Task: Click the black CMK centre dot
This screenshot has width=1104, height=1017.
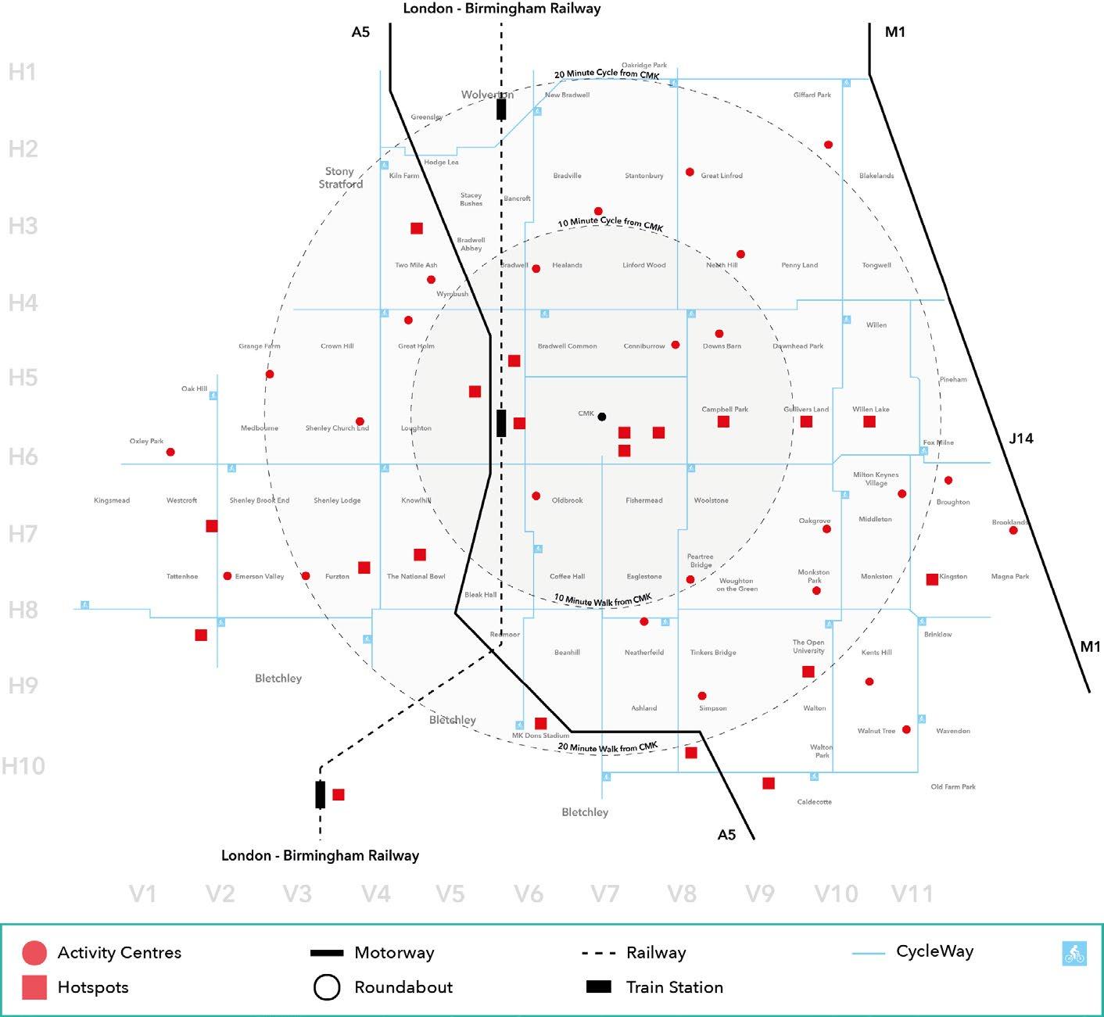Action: coord(602,417)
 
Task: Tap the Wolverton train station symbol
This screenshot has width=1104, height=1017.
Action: coord(501,109)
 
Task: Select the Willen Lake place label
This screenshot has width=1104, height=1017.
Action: coord(871,410)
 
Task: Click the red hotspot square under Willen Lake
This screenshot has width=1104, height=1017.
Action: coord(869,421)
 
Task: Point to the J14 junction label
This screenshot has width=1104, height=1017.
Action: coord(1021,439)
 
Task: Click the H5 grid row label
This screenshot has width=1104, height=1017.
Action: coord(23,378)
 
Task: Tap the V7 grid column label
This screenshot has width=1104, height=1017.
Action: coord(605,893)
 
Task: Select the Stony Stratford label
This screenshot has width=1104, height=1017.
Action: coord(340,177)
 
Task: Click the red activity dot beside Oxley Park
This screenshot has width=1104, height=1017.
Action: coord(170,452)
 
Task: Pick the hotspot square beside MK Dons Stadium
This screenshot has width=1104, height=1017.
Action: coord(540,723)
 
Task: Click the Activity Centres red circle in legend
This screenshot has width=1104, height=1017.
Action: coord(34,953)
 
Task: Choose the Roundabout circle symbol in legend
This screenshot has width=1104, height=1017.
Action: coord(327,987)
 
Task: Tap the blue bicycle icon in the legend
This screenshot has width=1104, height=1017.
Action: coord(1074,954)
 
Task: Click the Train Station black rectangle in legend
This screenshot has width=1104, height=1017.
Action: coord(599,987)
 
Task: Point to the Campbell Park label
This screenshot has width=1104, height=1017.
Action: coord(725,410)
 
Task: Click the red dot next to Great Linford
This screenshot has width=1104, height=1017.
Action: coord(690,172)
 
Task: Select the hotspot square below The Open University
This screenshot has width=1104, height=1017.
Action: coord(808,671)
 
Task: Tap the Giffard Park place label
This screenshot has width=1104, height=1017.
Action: coord(812,95)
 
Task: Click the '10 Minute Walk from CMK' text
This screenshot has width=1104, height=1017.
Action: coord(602,600)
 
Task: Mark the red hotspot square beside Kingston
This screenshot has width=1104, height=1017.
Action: coord(932,579)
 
